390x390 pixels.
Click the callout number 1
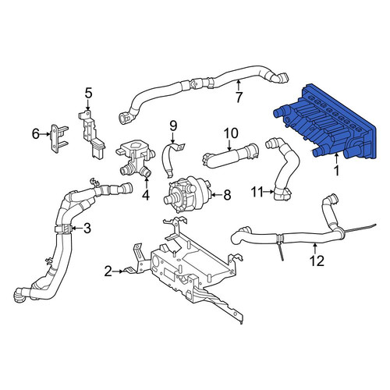pyautogui.click(x=336, y=171)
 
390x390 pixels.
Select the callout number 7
pyautogui.click(x=239, y=97)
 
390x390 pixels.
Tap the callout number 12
pyautogui.click(x=317, y=261)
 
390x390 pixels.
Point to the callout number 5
pyautogui.click(x=88, y=93)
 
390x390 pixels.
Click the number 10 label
pyautogui.click(x=231, y=133)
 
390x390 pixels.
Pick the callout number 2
pyautogui.click(x=108, y=271)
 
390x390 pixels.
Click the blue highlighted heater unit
pyautogui.click(x=325, y=122)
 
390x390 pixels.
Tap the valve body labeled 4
pyautogui.click(x=135, y=158)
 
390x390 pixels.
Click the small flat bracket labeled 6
pyautogui.click(x=58, y=138)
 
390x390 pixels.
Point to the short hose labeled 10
pyautogui.click(x=230, y=156)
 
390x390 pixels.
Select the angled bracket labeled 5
pyautogui.click(x=90, y=135)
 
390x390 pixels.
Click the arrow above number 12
pyautogui.click(x=315, y=248)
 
